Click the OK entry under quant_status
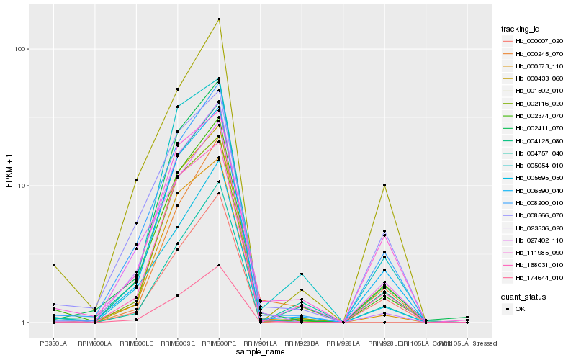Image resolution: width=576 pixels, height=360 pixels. coord(521,309)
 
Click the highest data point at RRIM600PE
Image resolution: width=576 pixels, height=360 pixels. coord(219,19)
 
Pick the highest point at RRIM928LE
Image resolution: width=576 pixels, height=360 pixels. coord(384,186)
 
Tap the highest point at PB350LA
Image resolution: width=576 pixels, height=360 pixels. coord(53,265)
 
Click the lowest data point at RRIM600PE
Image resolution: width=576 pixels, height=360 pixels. coord(219,266)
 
